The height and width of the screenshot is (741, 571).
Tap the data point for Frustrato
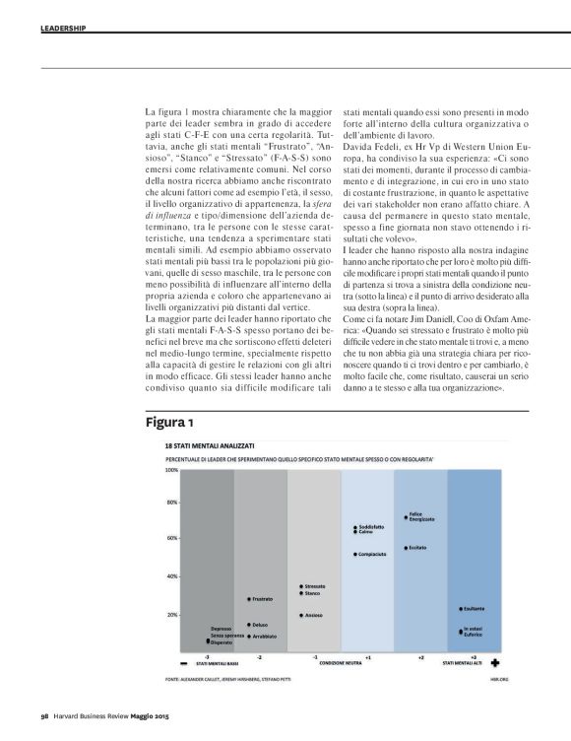(249, 599)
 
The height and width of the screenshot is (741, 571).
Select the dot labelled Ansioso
(301, 615)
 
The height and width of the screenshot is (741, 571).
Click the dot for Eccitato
(406, 547)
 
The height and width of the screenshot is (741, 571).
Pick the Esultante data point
(460, 609)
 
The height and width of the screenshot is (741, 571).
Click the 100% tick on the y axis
(170, 470)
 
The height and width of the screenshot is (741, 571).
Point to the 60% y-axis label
(171, 539)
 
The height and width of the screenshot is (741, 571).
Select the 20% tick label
(171, 615)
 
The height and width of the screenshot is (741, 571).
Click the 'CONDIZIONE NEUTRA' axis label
(340, 663)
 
